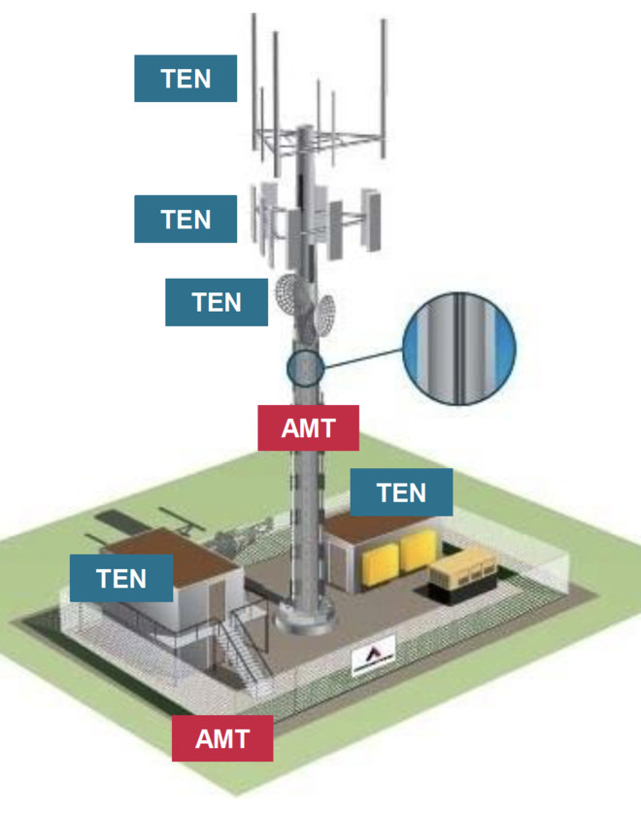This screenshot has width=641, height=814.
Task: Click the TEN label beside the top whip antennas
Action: click(x=186, y=79)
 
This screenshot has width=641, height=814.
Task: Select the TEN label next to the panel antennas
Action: click(x=186, y=219)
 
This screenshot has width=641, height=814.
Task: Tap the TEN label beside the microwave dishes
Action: click(x=217, y=302)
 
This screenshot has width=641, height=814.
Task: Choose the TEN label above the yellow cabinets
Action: click(x=401, y=492)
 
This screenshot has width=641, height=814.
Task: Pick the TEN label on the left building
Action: click(x=122, y=579)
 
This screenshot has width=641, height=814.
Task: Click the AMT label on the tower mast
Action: click(x=308, y=428)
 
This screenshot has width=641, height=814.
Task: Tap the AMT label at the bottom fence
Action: click(x=222, y=738)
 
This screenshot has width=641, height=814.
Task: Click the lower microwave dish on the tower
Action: click(x=324, y=314)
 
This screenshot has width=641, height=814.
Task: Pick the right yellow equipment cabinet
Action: click(x=417, y=550)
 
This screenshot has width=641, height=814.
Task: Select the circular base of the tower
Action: click(x=305, y=617)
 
